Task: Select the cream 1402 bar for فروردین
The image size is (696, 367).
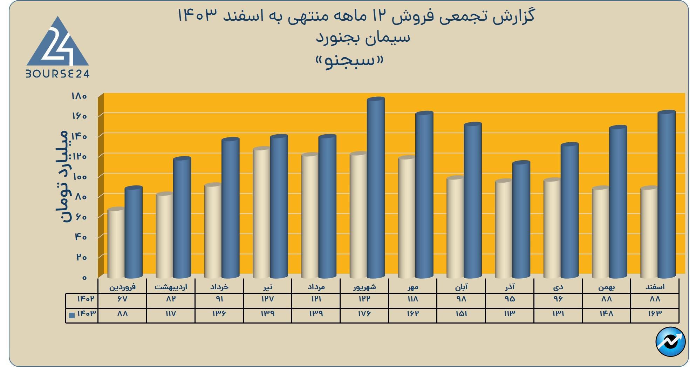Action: pos(116,242)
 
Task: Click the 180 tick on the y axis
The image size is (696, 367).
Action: pos(79,96)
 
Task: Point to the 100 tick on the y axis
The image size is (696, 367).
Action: pos(80,176)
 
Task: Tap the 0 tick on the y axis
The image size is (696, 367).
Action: pos(84,278)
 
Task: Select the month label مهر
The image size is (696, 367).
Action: pos(413,287)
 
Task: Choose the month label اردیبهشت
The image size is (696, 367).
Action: pos(171,287)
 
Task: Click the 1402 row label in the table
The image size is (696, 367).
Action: pos(86,299)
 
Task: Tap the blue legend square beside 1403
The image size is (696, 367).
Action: pos(72,315)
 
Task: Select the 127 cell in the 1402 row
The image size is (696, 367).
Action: pos(267,299)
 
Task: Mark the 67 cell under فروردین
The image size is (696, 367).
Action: pos(122,299)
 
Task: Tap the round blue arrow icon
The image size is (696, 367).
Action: pos(670,342)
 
